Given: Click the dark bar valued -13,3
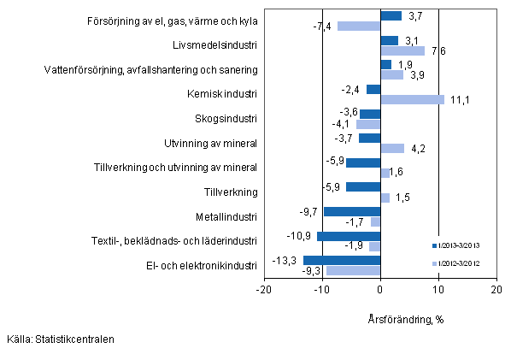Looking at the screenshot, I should pos(342,260).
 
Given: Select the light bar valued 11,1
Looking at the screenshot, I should pos(412,99).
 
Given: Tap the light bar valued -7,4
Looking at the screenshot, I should pos(359,26).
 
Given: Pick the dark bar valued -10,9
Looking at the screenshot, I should pos(349,235).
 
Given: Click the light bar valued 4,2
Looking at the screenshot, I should pos(392,149).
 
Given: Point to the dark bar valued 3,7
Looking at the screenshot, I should pos(391,15).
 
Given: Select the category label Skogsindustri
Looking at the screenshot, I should pos(226,117).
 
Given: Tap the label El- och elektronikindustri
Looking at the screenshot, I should pos(203,266).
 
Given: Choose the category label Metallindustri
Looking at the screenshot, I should pos(225,216).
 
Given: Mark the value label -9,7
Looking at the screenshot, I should pos(310,211).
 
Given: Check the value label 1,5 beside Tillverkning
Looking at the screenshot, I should pos(402,198).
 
